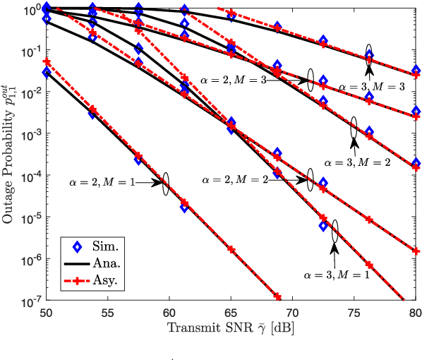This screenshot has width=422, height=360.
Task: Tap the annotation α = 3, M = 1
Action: tap(337, 274)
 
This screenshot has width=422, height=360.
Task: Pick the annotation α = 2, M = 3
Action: tap(234, 80)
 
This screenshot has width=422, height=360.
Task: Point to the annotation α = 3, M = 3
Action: tap(372, 85)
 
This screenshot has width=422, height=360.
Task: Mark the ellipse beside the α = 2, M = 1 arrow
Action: tap(166, 184)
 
